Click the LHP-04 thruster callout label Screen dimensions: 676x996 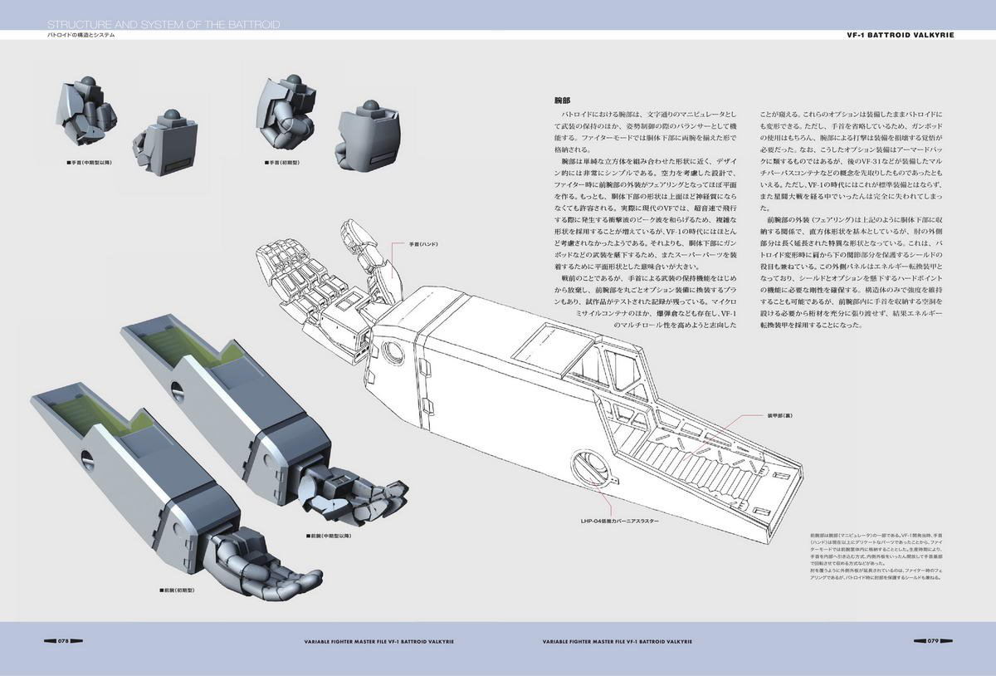tap(620, 522)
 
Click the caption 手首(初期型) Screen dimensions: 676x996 tap(287, 164)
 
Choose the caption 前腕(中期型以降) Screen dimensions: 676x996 tap(330, 536)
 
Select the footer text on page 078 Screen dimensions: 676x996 tap(378, 641)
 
